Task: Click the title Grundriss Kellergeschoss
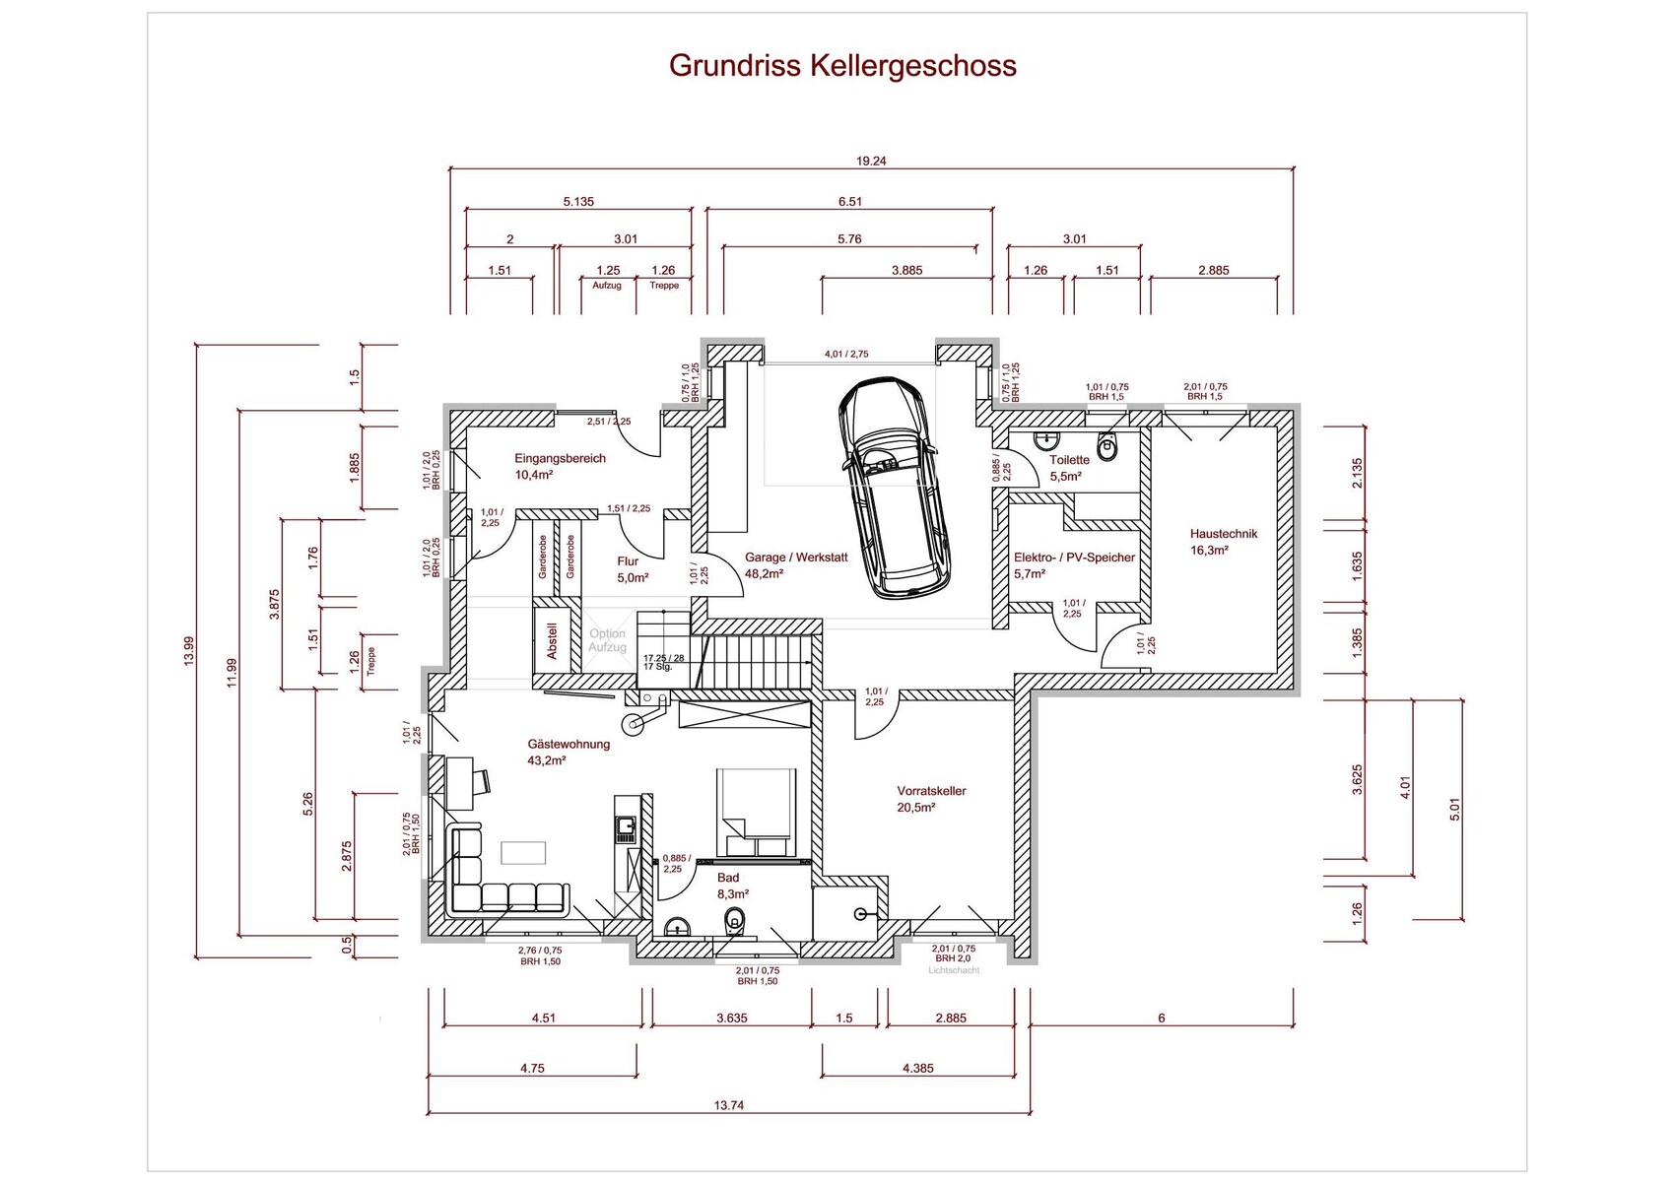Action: coord(842,65)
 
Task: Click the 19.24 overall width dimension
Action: coord(871,161)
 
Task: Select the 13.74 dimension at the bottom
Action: coord(729,1105)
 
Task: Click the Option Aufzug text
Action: coord(607,640)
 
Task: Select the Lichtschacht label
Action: coord(954,970)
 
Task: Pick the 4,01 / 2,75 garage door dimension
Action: coord(846,355)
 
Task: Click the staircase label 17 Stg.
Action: coord(658,667)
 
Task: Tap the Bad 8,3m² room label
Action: coord(731,886)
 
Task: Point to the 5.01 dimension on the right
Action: coord(1455,809)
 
